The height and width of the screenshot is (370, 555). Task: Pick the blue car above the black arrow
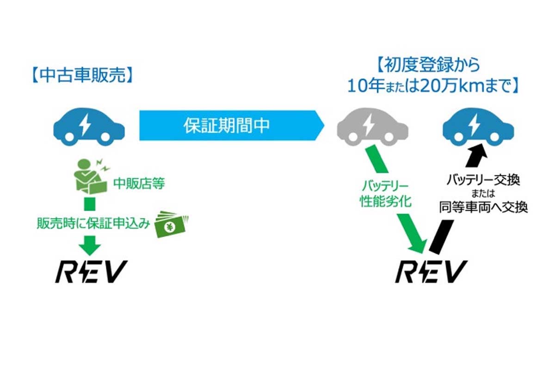[478, 125]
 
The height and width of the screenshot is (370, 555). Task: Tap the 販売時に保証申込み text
[94, 224]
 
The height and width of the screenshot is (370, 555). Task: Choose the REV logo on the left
[91, 272]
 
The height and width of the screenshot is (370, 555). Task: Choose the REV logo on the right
[430, 272]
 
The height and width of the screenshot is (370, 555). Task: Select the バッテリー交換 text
[483, 180]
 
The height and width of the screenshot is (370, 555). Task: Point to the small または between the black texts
[483, 194]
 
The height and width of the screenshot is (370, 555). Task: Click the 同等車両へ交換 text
[483, 207]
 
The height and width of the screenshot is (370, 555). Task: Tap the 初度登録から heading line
[429, 65]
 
